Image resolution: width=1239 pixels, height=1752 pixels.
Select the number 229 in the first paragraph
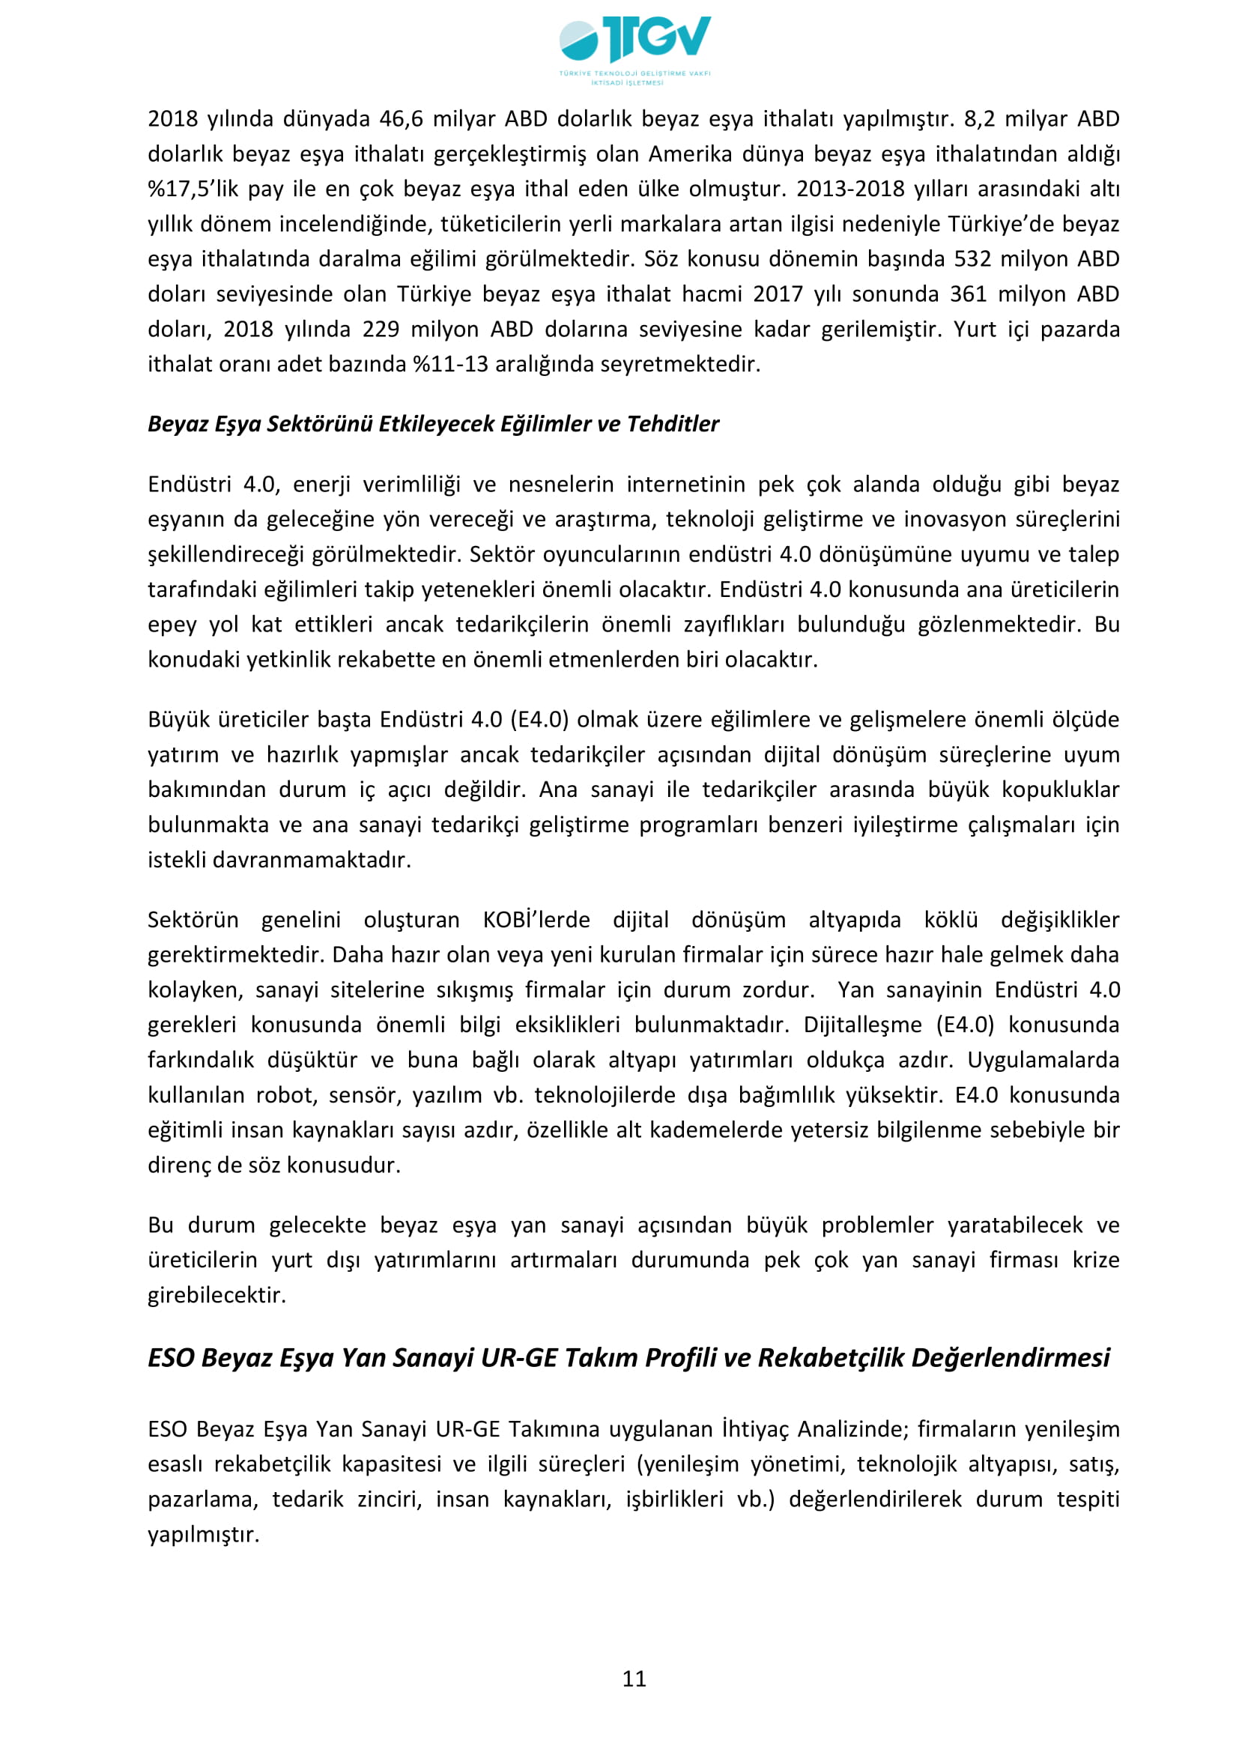tap(381, 330)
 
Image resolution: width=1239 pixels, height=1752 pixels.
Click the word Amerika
tap(688, 154)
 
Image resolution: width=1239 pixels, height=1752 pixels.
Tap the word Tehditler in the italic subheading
tap(673, 424)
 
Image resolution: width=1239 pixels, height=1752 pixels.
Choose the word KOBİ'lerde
tap(536, 921)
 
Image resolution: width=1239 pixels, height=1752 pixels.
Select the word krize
tap(1096, 1260)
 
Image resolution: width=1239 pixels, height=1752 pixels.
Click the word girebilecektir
tap(216, 1295)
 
